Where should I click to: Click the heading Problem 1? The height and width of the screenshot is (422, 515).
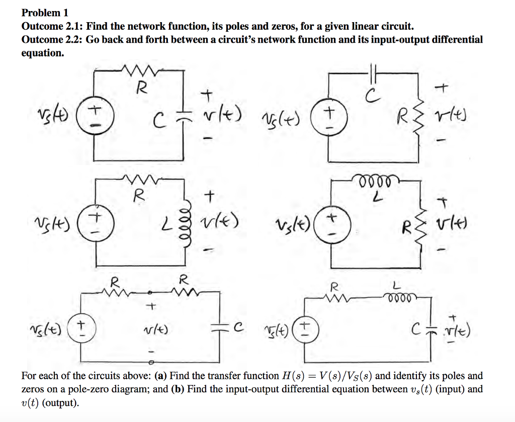tap(45, 13)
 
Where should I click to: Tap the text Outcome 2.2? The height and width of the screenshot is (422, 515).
tap(52, 39)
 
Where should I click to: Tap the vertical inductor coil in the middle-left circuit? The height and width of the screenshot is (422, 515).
tap(189, 222)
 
